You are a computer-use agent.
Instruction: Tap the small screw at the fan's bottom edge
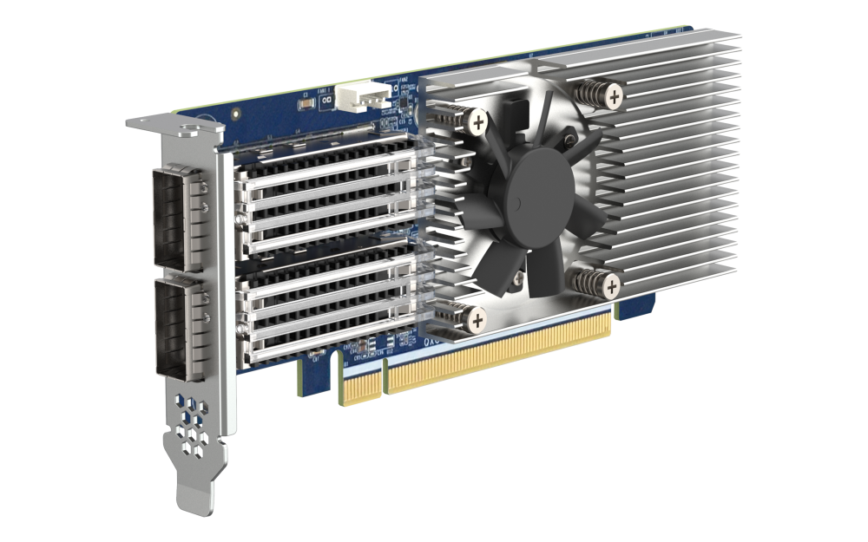(516, 277)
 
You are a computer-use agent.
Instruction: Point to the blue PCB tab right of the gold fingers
(633, 308)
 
